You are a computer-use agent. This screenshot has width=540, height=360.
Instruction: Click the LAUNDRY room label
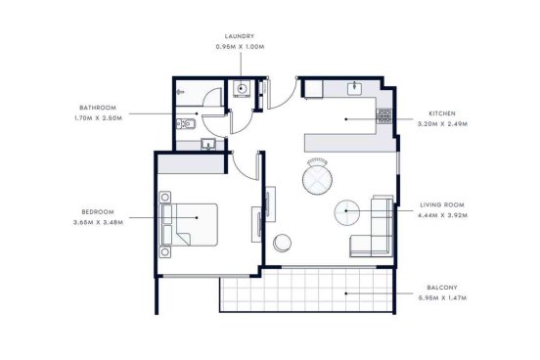[240, 36]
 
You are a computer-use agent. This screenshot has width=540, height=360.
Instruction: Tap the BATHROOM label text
[98, 108]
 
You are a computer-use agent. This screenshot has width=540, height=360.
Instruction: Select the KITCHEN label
[442, 113]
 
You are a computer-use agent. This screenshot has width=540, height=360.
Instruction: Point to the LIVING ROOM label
[442, 205]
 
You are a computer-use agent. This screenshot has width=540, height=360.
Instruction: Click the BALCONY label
[442, 288]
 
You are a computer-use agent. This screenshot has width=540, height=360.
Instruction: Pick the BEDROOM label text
[98, 212]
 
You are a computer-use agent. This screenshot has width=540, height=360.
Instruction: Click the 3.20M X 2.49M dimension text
[442, 124]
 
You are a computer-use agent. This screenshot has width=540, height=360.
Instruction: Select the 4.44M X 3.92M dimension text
[442, 215]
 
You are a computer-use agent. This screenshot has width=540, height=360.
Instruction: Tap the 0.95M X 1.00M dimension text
[240, 47]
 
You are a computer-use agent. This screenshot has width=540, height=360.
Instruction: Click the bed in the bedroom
[189, 224]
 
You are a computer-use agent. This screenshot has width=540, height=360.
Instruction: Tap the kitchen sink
[354, 89]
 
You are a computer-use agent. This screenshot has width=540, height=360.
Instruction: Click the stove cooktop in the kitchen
[384, 116]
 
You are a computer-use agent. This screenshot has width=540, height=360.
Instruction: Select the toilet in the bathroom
[186, 123]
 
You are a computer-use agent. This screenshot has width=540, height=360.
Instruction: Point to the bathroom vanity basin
[208, 145]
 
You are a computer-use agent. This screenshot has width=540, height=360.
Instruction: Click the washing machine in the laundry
[241, 89]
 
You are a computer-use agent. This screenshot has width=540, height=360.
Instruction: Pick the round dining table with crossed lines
[317, 179]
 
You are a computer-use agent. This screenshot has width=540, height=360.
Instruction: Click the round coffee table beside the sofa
[347, 212]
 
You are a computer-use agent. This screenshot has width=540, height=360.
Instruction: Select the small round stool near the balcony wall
[282, 243]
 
